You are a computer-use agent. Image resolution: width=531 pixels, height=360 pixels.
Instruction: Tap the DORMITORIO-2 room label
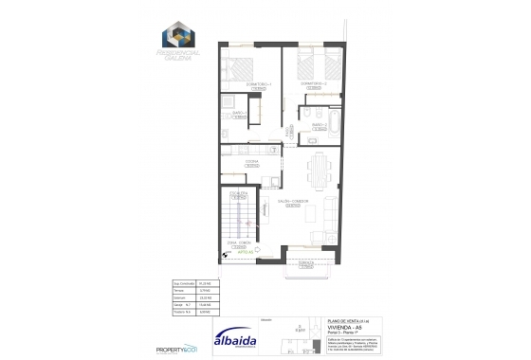(314, 83)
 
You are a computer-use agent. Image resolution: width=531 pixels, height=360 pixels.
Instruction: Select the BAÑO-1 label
(239, 113)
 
